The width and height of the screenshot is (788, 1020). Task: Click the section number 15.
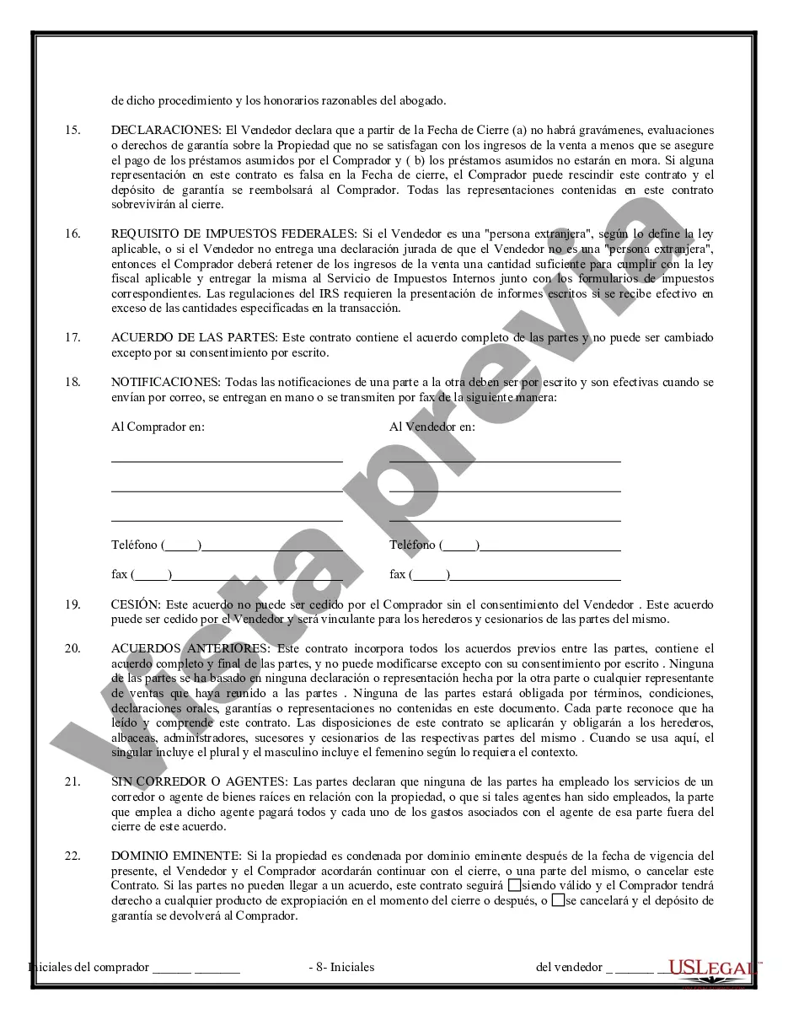click(72, 131)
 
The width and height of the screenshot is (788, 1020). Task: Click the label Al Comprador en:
click(158, 427)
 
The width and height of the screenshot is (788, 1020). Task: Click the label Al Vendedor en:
click(432, 427)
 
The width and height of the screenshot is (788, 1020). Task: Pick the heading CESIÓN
click(135, 604)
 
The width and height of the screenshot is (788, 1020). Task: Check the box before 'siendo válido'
click(514, 886)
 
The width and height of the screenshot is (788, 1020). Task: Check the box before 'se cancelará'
click(557, 900)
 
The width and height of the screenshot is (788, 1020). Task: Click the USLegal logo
click(711, 968)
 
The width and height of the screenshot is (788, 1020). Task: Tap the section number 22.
click(72, 856)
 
